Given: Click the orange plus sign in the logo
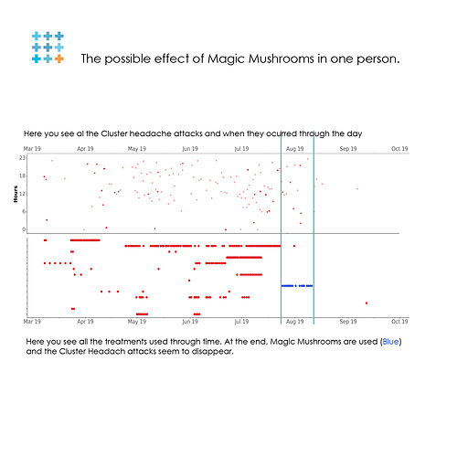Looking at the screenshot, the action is coord(59,58).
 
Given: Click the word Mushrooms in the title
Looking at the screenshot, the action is coord(282,58).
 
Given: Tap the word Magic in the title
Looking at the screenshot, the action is coord(226,59).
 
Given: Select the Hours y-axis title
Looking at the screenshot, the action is coord(16,194).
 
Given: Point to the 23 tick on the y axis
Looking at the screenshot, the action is coord(22,158).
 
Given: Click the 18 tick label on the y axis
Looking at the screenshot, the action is coord(22,175).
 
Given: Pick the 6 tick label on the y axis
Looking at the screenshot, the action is coord(24,212).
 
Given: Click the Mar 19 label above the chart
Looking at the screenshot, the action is coord(32,149).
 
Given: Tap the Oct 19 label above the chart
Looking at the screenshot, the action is coord(399,149).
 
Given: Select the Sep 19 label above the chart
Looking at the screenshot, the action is coord(348,149).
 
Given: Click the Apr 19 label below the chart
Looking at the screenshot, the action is coord(85,322).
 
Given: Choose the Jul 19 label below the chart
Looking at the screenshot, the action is coord(241,322).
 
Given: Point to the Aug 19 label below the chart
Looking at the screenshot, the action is coord(294,322).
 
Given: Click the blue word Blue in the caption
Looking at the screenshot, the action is coord(390,342).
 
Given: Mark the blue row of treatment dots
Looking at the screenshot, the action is coord(297,286).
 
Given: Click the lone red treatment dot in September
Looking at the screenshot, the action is coord(367,303).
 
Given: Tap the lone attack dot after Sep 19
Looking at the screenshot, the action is coord(357,189).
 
